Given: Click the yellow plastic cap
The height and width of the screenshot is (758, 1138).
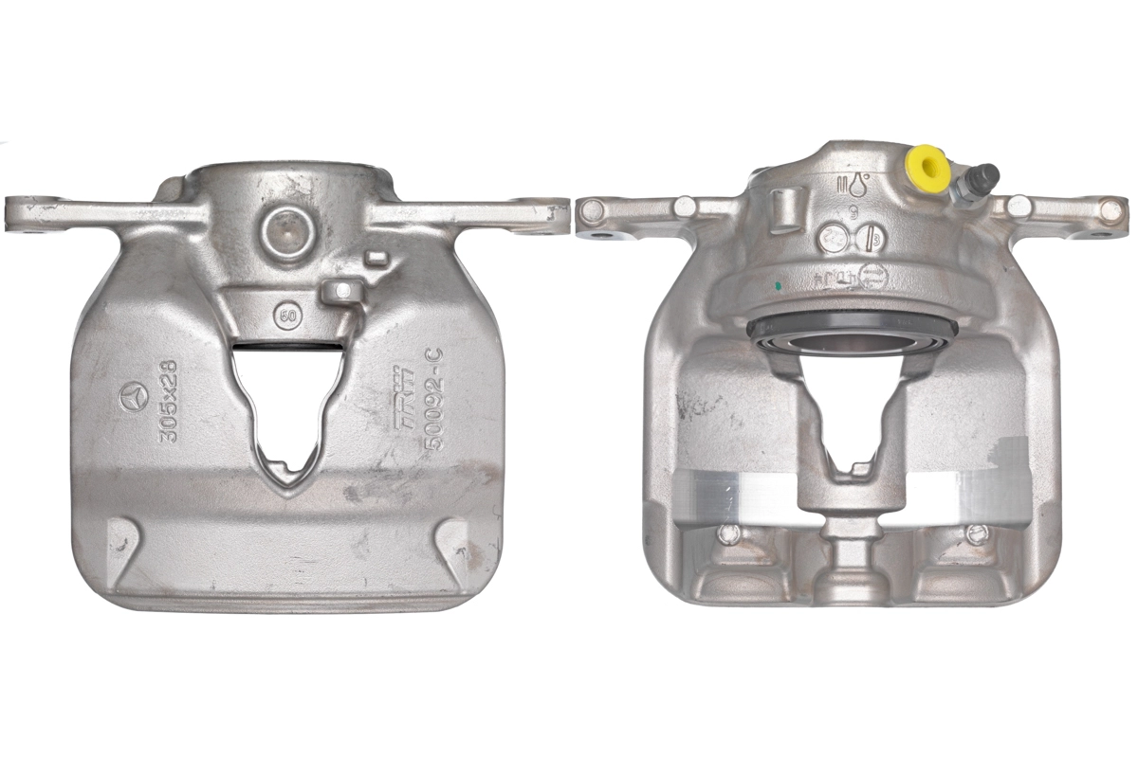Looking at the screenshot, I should point(927,169).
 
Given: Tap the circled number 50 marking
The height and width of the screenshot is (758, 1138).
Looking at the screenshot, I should point(284,315).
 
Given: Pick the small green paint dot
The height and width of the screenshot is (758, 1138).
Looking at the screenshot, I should point(778,283).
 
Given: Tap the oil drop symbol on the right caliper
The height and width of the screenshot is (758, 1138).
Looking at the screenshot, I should point(859,187).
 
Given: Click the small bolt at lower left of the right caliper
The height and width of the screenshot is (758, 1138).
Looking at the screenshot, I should point(728,533).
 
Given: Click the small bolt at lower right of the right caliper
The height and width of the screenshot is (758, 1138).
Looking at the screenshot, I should point(978,533).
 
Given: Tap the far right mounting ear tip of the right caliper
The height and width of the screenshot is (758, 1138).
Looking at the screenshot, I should point(1110,213).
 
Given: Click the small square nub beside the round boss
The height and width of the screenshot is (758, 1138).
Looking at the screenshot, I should point(376,258).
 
